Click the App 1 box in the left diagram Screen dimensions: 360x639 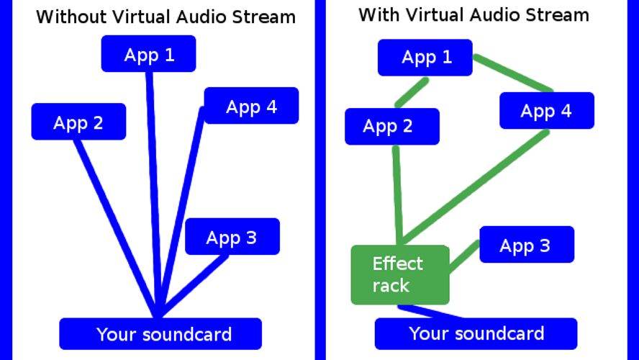[x=148, y=55]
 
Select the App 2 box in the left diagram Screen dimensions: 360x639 [x=78, y=122]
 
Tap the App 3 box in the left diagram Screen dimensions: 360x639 [x=232, y=237]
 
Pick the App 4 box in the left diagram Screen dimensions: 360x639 [x=251, y=107]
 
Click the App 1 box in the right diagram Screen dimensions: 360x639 [x=425, y=58]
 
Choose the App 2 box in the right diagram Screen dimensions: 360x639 [x=391, y=127]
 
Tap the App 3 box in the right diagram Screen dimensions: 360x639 [x=526, y=245]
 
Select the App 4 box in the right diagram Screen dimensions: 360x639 [x=547, y=111]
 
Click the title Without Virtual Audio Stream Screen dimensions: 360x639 [x=166, y=17]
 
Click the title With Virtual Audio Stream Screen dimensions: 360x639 [x=473, y=14]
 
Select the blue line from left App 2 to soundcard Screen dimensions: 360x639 [x=115, y=223]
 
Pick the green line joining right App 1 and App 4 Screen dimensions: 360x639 [x=512, y=73]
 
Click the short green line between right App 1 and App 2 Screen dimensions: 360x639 [x=412, y=92]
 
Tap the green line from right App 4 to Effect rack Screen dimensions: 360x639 [x=475, y=187]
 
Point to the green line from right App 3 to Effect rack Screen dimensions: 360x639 [x=464, y=256]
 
